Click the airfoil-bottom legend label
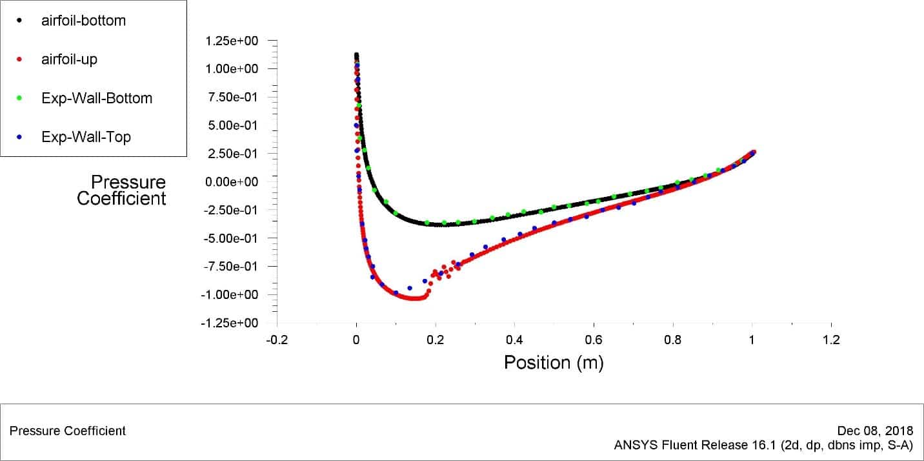click(83, 20)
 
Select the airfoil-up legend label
click(69, 59)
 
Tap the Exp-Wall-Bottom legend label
click(97, 98)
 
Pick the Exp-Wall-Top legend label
click(86, 137)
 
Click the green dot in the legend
click(19, 98)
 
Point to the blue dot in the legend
click(19, 137)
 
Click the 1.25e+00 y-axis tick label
click(231, 41)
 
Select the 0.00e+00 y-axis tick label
click(231, 181)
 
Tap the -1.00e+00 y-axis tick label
click(229, 294)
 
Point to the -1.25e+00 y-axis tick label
click(229, 323)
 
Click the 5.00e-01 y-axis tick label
click(231, 125)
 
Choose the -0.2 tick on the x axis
click(277, 340)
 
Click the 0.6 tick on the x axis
click(594, 340)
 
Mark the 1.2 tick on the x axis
click(831, 340)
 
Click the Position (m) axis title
click(554, 362)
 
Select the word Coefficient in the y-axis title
click(121, 198)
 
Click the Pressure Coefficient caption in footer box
click(68, 431)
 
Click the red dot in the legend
click(19, 59)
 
